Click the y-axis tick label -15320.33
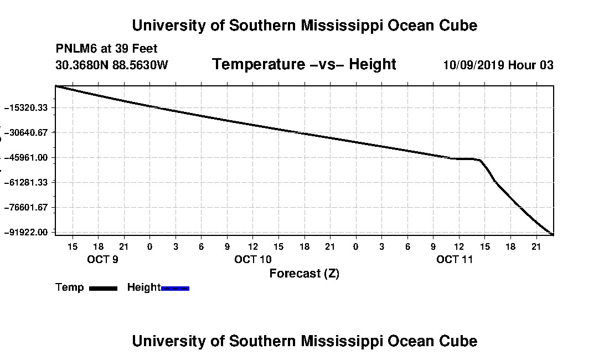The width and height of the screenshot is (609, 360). click(25, 107)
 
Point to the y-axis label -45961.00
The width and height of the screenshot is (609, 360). click(25, 157)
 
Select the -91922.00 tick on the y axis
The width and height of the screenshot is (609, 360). click(25, 232)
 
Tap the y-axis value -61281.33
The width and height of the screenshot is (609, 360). click(25, 182)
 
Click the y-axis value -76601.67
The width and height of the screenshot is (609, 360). click(25, 207)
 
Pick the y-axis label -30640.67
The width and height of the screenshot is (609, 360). click(25, 132)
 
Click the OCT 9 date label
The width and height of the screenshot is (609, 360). click(102, 259)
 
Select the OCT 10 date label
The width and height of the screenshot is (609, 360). click(253, 259)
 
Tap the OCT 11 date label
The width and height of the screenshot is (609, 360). click(455, 259)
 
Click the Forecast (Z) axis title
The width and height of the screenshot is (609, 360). click(304, 274)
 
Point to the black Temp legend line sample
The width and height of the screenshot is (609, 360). click(104, 288)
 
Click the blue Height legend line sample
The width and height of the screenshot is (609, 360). click(175, 288)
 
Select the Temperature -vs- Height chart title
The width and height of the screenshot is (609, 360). click(304, 64)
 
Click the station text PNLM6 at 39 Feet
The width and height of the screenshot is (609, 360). click(106, 49)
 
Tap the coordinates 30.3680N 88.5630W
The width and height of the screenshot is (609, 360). click(111, 65)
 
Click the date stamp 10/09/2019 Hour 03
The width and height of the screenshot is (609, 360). click(498, 65)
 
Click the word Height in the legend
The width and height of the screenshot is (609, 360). click(144, 287)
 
